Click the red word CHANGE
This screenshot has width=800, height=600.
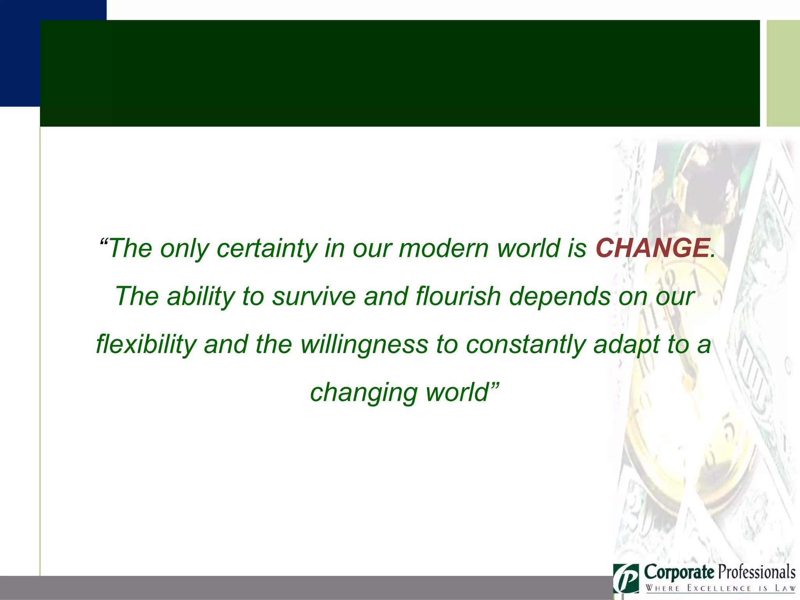(x=652, y=248)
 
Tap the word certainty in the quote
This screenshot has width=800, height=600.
(x=266, y=249)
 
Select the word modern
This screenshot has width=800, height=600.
(x=443, y=248)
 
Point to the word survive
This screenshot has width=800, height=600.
(x=314, y=296)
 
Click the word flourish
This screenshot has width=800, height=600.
(x=458, y=296)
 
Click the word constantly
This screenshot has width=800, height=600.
(x=525, y=345)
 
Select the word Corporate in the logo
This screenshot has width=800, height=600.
(x=679, y=573)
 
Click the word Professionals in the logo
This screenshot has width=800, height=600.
(x=757, y=573)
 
